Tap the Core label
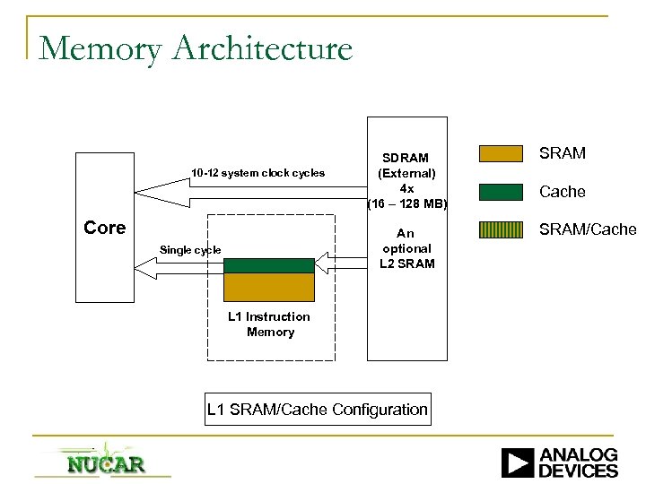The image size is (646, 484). pos(104,228)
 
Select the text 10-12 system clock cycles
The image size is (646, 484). pos(258,173)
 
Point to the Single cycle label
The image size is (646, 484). pos(189,249)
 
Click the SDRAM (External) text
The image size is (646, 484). pos(406,165)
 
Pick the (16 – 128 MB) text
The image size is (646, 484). pos(406,203)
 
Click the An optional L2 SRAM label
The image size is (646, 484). pos(406,248)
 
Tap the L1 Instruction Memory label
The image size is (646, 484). pos(269,324)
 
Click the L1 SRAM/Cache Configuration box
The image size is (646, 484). pos(317,410)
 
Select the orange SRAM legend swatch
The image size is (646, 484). pos(502,153)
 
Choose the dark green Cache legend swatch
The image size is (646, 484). pos(502,191)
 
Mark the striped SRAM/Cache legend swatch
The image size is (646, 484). pos(502,229)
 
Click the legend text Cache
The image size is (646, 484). pos(563,192)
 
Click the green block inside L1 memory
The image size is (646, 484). pos(269,264)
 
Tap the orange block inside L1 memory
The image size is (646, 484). pos(269,286)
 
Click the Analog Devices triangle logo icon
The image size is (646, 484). pos(518,462)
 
